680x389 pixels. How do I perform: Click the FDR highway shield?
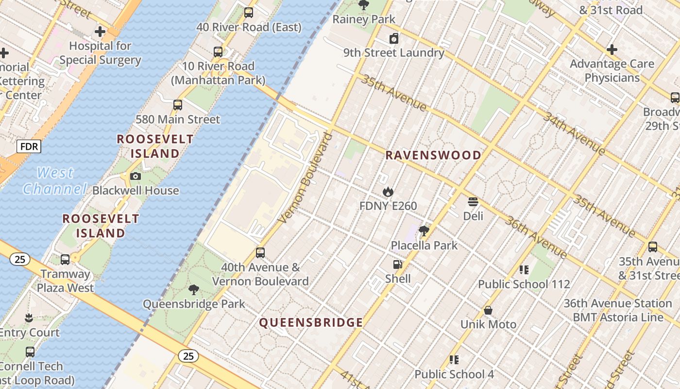29,146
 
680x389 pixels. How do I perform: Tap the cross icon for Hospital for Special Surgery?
100,32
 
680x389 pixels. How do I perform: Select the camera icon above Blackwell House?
136,176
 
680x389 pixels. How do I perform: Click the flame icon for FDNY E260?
388,192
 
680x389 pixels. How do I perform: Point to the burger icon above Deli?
473,202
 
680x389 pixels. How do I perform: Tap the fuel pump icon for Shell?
397,265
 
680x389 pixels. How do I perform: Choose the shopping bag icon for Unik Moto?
488,310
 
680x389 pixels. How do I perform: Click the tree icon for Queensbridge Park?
194,290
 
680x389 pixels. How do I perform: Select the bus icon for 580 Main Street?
178,105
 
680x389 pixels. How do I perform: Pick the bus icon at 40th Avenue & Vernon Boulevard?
260,253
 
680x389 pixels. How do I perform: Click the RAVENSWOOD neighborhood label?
433,156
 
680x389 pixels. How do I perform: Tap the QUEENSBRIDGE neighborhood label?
311,322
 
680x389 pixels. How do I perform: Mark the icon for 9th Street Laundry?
394,38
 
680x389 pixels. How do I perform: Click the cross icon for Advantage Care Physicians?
612,50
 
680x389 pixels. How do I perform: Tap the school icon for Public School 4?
454,360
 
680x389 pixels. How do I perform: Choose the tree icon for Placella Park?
424,230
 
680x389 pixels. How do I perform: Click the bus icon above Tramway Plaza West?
65,260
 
